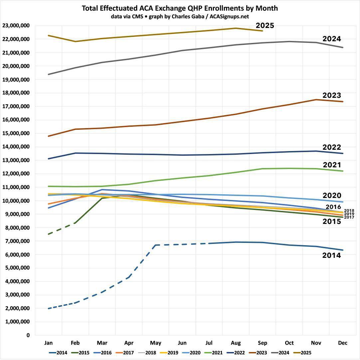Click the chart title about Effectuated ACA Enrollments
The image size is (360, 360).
[180, 8]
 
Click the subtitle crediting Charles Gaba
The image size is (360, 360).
[180, 16]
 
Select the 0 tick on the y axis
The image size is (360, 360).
[28, 335]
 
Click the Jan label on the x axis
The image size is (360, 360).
[49, 343]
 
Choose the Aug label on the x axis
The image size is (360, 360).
[236, 343]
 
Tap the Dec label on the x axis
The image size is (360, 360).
[343, 343]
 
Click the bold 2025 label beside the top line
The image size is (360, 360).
[265, 26]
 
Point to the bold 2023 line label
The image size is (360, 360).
[331, 96]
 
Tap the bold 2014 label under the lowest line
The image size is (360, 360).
[331, 256]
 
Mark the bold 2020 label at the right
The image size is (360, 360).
[331, 196]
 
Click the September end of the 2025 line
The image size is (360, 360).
[263, 31]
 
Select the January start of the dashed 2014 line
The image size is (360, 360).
[49, 308]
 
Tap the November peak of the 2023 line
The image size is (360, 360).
[316, 99]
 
